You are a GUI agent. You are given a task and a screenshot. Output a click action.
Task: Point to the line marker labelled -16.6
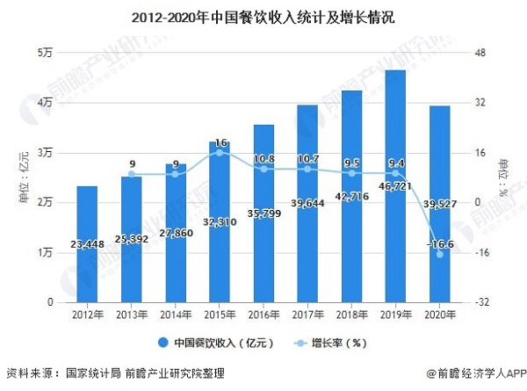pos(439,254)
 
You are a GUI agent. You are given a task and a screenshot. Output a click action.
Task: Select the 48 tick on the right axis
pos(480,54)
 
